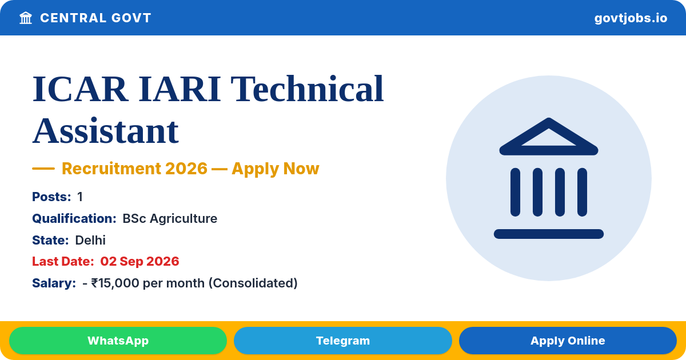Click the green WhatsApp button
118,341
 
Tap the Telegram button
342,341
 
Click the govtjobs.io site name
631,18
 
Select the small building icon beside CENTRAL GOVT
26,18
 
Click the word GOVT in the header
131,18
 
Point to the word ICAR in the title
79,89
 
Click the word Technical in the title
307,89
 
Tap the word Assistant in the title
105,131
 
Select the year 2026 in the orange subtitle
186,169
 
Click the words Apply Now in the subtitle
276,169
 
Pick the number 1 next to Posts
80,197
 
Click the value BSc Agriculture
170,218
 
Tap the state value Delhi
90,240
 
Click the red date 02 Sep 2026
139,262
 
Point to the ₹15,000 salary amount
115,283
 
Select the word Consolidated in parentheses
253,283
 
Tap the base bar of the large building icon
548,234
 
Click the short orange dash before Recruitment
43,169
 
